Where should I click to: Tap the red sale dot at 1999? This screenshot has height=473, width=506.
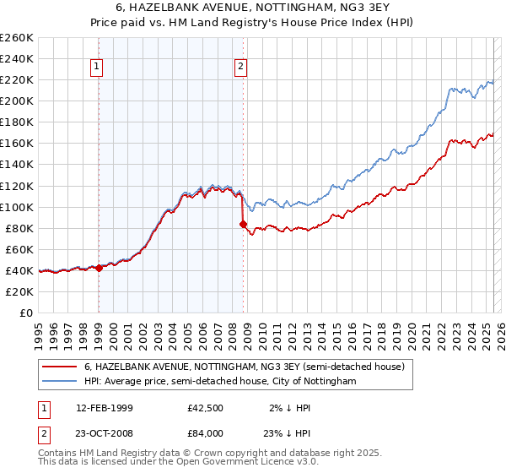[x=99, y=268]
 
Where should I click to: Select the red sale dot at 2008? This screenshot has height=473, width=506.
[x=244, y=224]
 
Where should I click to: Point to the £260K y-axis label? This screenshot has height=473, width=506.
[x=16, y=38]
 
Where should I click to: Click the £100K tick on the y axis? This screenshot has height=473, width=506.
[x=16, y=207]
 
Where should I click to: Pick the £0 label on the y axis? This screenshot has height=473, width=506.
[x=25, y=313]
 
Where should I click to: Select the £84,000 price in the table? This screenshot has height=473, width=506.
[x=206, y=433]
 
